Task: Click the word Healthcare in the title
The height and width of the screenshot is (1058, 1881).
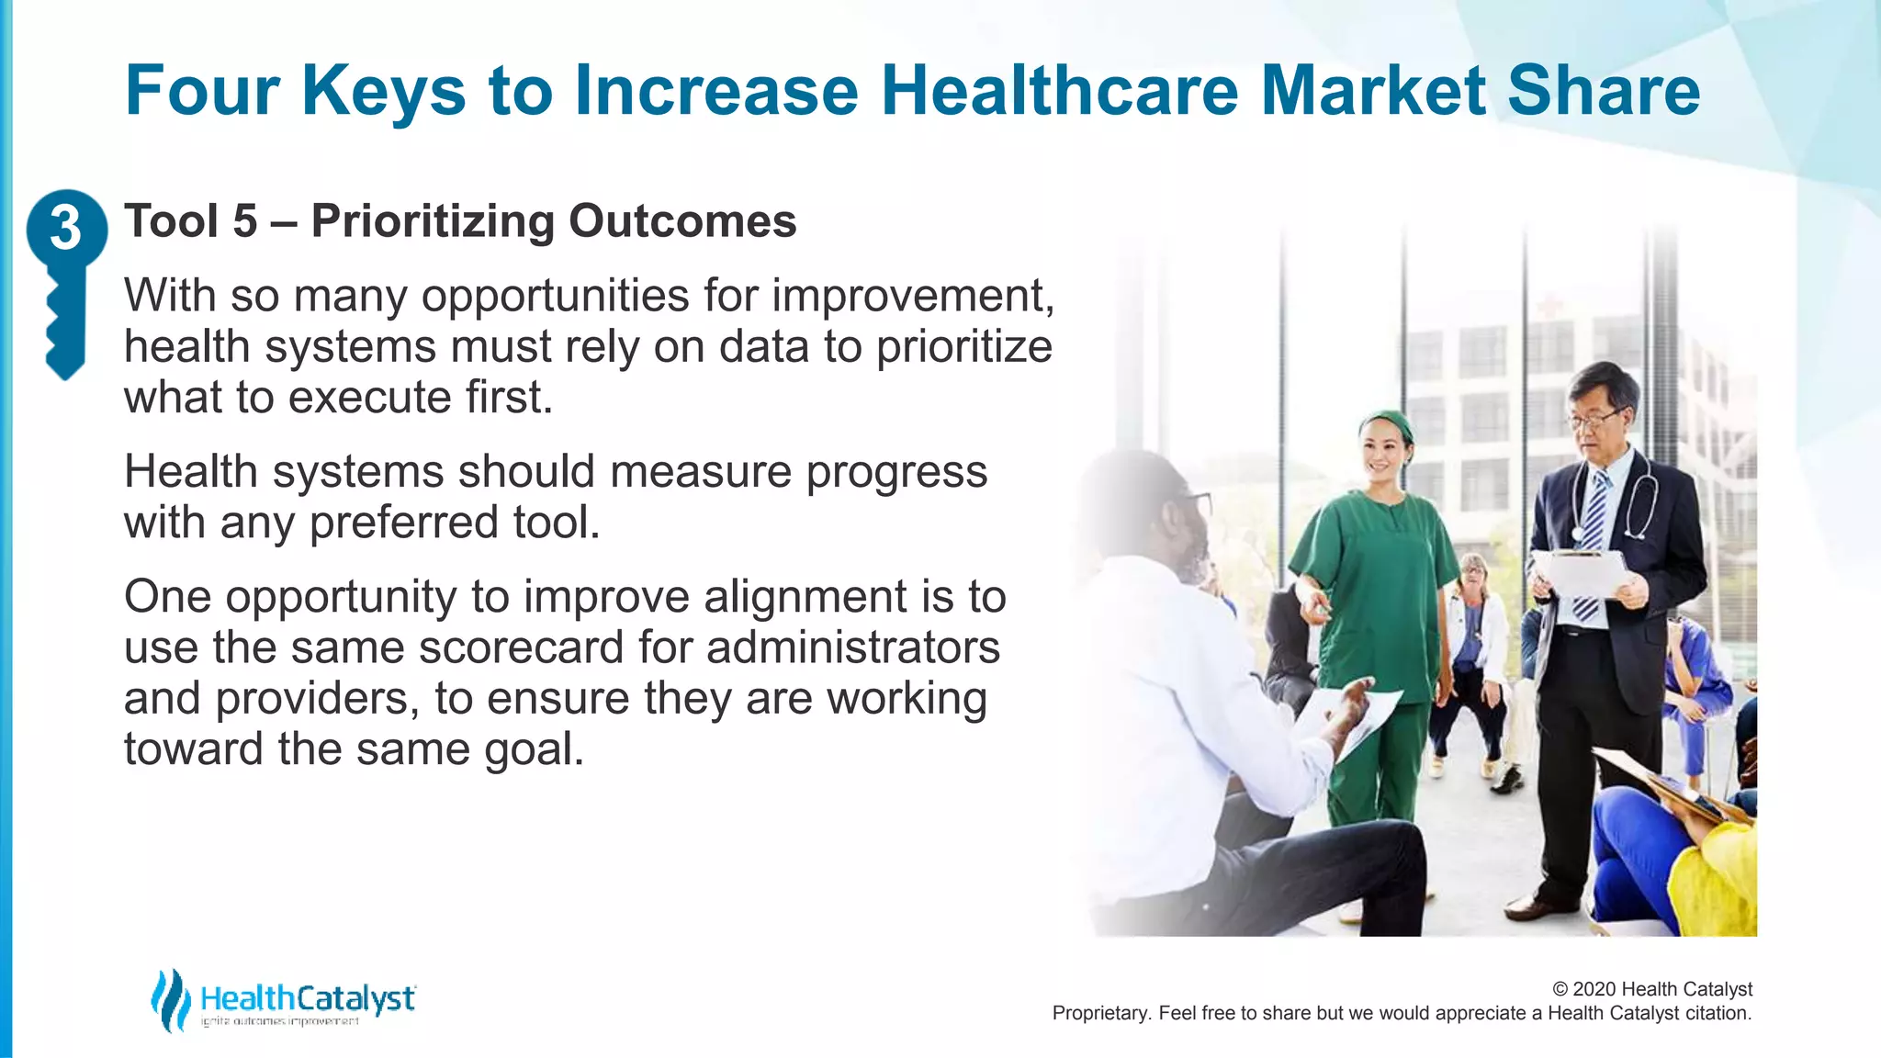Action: tap(1059, 91)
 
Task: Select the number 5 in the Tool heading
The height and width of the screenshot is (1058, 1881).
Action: tap(244, 221)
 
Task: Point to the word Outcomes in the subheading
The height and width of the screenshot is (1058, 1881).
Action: tap(682, 221)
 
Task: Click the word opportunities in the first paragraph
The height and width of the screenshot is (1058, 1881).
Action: tap(555, 296)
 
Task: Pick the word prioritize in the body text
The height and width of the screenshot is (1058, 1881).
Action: tap(963, 347)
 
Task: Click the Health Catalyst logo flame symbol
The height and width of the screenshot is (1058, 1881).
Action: tap(170, 999)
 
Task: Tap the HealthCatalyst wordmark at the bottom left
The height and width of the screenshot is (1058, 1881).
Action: tap(308, 998)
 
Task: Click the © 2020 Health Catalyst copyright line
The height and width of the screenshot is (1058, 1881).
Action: tap(1651, 989)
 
